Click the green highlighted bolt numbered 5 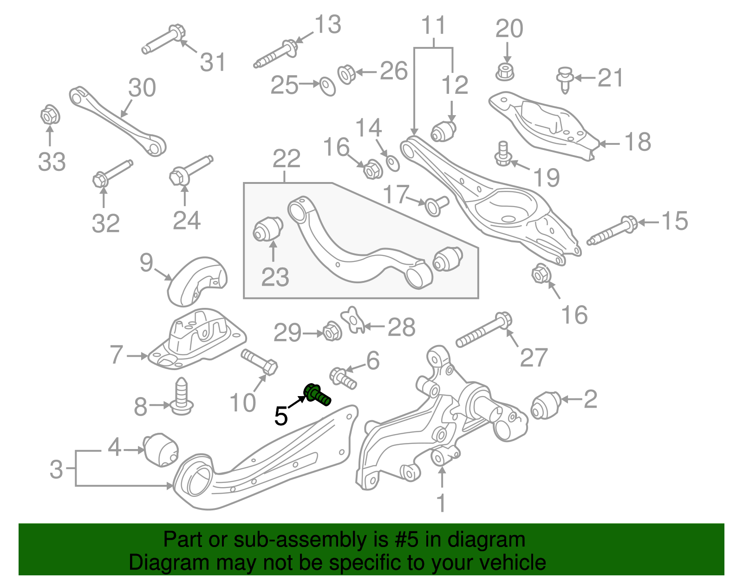[317, 395]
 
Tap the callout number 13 [328, 25]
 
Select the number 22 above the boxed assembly [286, 159]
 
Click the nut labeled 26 [346, 74]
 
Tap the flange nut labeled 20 [506, 72]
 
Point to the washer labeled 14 [393, 163]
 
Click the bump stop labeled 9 [197, 280]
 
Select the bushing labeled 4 [161, 450]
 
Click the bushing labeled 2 [546, 404]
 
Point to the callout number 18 [638, 142]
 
